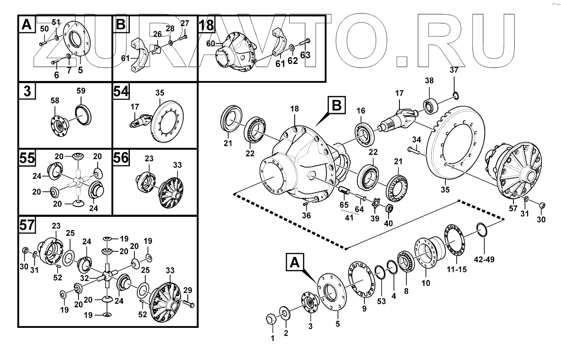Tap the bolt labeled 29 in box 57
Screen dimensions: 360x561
188,304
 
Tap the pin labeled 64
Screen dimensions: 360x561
360,196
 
